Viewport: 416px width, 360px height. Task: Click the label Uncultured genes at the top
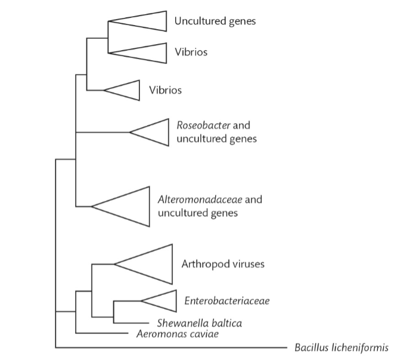215,21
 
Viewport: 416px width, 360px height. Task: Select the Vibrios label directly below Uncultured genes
191,52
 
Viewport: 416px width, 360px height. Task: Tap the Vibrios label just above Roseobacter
165,91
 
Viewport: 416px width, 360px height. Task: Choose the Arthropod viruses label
222,264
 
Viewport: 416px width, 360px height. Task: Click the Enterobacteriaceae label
226,301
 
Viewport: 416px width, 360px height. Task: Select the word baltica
225,323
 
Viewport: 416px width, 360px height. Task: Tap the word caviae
203,334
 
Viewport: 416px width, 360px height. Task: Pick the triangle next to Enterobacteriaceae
164,300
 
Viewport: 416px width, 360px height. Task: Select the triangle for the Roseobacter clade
155,132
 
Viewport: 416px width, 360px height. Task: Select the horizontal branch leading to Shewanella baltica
131,322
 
